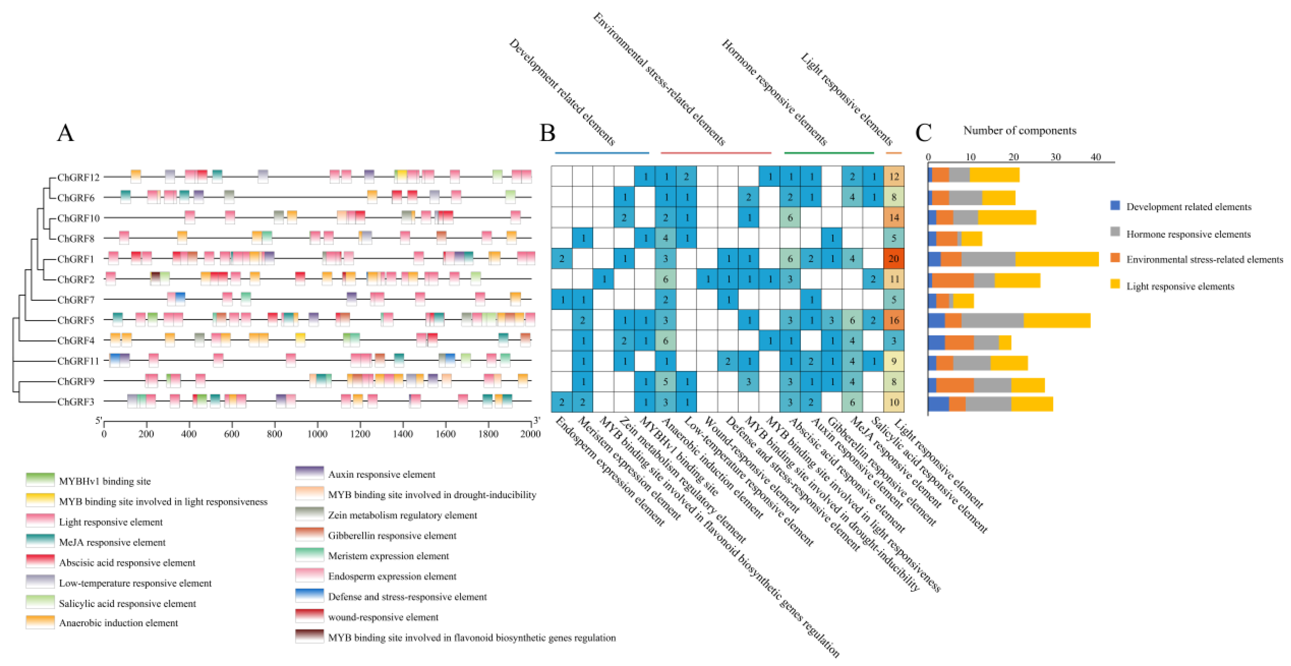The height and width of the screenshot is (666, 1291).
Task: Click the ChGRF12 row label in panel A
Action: [78, 177]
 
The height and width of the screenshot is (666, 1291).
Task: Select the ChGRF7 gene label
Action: [76, 299]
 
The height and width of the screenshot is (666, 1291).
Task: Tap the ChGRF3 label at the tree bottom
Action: [76, 402]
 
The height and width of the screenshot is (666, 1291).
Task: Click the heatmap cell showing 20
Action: [894, 259]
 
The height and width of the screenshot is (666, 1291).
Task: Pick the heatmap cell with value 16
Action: [894, 320]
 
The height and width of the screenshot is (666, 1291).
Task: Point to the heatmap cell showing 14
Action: [894, 218]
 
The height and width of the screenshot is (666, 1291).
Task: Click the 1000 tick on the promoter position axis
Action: [317, 433]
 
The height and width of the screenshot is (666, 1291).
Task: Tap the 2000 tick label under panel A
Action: [530, 433]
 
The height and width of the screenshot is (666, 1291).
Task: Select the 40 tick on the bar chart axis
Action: [1096, 157]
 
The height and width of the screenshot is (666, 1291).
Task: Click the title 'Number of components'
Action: [1019, 130]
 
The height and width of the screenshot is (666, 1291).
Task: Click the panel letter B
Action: [547, 133]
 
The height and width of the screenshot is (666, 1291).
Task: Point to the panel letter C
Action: [923, 133]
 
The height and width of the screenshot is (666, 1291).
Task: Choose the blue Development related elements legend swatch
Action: [1115, 205]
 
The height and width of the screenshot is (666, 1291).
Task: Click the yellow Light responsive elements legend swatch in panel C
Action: [1115, 284]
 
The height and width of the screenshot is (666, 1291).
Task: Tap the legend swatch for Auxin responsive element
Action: [309, 473]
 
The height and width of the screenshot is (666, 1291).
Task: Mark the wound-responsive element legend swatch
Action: [309, 616]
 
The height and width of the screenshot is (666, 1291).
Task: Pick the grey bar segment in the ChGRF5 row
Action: [992, 320]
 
